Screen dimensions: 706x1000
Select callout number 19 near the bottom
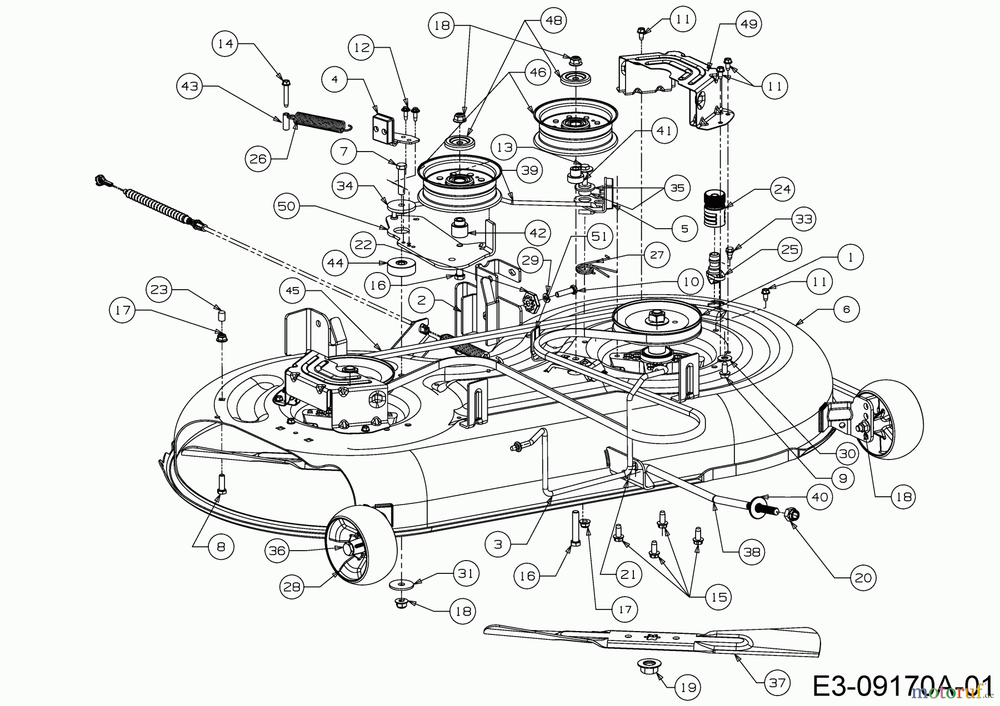coord(688,688)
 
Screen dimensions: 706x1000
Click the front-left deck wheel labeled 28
coord(361,544)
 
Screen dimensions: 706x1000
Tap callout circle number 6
coord(846,309)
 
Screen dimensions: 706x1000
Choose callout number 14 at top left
coord(226,43)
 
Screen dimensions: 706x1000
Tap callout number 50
coord(286,206)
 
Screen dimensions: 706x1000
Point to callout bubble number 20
coord(863,578)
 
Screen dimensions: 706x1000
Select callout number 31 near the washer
coord(465,572)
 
